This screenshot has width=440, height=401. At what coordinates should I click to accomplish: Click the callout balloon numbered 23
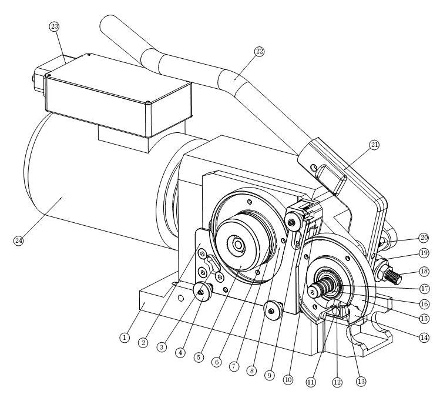(54, 26)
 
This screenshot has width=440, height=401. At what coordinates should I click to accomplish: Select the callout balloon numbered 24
(19, 240)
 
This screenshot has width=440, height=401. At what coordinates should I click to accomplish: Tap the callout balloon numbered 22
(260, 51)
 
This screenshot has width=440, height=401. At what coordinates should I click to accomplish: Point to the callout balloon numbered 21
(374, 145)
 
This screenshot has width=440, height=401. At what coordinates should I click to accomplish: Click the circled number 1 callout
(125, 337)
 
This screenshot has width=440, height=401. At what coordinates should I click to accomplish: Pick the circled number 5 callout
(199, 357)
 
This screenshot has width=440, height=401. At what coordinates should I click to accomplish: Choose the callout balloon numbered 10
(288, 380)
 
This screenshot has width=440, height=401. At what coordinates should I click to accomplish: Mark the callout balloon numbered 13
(361, 382)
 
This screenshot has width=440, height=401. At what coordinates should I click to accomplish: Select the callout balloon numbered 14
(424, 337)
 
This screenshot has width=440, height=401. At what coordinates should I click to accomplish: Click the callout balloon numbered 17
(424, 288)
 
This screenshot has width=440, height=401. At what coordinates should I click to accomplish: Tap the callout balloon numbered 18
(424, 271)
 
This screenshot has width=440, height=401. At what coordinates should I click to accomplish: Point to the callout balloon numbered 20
(424, 238)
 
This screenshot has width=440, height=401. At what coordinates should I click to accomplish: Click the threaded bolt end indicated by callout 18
(392, 276)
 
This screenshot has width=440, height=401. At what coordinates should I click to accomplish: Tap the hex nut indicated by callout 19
(381, 270)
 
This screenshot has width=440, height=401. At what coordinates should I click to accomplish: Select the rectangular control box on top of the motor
(118, 95)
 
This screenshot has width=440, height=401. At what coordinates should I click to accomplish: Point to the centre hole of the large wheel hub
(239, 245)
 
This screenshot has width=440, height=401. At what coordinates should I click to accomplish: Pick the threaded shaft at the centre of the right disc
(323, 286)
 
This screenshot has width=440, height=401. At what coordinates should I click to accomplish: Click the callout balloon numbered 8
(251, 370)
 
